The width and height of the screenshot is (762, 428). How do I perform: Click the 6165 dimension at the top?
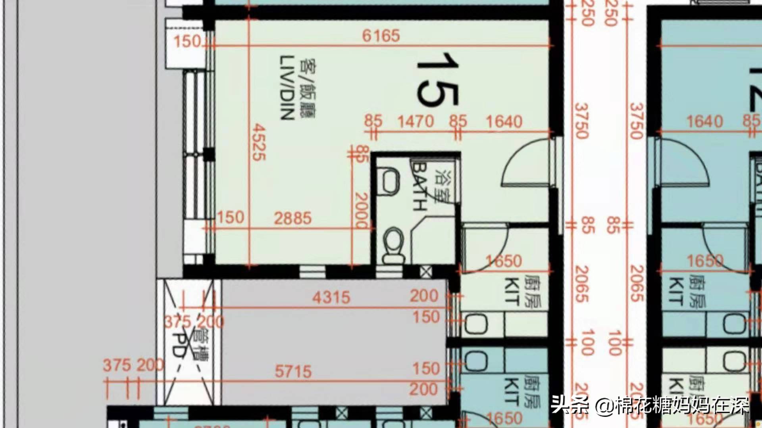coord(381,36)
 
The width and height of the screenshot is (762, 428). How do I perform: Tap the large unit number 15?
coord(437,79)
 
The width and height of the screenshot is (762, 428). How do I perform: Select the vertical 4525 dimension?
coord(258,142)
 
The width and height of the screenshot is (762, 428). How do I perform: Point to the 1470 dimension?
coord(416,121)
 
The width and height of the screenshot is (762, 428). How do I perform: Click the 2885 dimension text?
coord(292,218)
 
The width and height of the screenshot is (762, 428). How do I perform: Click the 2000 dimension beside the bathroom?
coord(362,211)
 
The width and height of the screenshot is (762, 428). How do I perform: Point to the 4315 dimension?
coord(331,297)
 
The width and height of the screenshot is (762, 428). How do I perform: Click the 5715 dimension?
coord(293,372)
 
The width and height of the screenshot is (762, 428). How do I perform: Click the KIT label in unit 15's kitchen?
coord(512,291)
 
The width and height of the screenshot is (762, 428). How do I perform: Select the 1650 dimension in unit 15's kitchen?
coord(504,261)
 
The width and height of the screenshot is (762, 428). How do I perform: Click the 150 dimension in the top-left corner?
coord(187,41)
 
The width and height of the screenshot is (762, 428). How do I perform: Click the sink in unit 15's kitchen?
coord(475,324)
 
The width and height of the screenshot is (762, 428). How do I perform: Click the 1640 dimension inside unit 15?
coord(504,121)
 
